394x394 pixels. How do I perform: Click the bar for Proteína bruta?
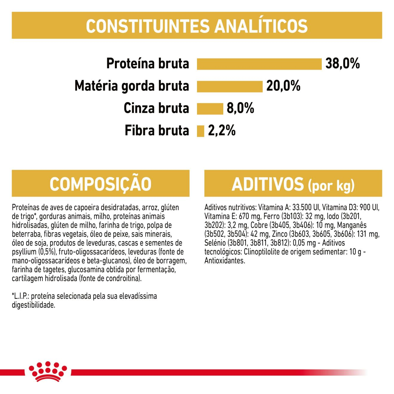tap(259, 64)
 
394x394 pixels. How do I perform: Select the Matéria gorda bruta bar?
tap(230, 86)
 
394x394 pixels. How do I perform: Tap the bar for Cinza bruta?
tap(210, 109)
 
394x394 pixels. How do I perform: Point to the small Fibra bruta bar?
tap(200, 131)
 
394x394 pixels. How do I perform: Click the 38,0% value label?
tap(342, 64)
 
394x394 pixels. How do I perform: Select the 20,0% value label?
tap(283, 86)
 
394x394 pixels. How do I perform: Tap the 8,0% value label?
tap(240, 108)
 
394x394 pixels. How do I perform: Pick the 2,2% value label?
tap(221, 131)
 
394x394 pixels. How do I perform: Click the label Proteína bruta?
tap(148, 64)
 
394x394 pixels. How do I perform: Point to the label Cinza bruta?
tap(156, 108)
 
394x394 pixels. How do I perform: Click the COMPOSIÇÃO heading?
tap(101, 184)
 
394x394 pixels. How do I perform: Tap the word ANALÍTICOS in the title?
tap(261, 26)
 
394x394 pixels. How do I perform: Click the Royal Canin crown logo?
tap(48, 371)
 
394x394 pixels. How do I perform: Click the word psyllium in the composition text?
tap(24, 252)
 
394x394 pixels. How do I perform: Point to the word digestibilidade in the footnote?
tap(33, 305)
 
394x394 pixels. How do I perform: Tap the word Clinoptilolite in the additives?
tap(262, 252)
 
